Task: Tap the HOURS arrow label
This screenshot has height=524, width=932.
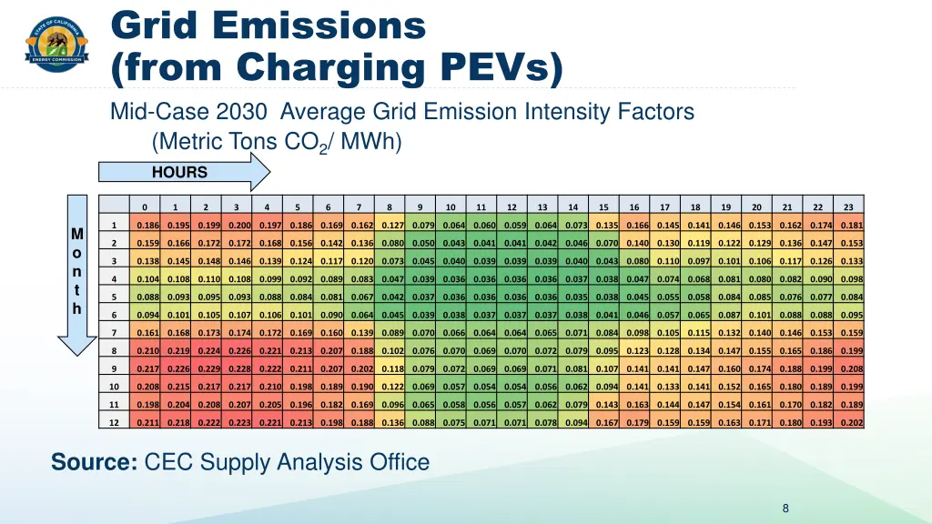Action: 180,172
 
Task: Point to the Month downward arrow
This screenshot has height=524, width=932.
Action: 77,273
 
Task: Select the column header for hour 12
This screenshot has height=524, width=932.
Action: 512,207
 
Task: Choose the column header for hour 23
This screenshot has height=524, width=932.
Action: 848,207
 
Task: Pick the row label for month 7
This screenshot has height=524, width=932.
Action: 114,333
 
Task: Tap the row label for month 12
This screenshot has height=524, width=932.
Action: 114,423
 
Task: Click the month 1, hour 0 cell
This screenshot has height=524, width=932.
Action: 147,225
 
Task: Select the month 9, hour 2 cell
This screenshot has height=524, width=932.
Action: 209,368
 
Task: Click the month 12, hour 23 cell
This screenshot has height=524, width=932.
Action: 851,423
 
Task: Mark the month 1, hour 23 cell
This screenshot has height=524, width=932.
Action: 851,225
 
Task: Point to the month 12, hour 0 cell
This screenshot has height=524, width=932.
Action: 147,423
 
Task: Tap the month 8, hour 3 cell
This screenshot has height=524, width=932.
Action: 239,350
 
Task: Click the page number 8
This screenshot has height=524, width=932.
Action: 785,509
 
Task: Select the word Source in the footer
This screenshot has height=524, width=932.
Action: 94,462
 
